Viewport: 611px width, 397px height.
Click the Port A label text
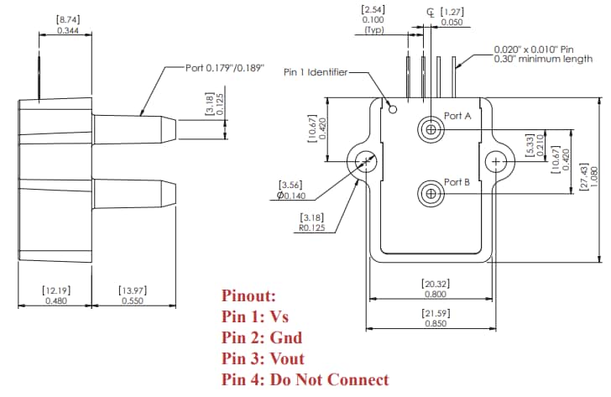(457, 115)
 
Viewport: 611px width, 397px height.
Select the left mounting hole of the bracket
(366, 160)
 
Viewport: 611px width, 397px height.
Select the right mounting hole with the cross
(497, 160)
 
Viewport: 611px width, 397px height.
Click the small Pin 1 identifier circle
(392, 107)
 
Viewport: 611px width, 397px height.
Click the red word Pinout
(248, 296)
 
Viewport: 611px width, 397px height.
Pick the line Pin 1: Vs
(255, 316)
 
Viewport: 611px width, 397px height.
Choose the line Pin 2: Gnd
(262, 337)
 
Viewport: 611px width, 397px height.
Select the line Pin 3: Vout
(264, 358)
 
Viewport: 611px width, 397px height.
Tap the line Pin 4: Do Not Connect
(305, 379)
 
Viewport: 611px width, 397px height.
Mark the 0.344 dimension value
(68, 30)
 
